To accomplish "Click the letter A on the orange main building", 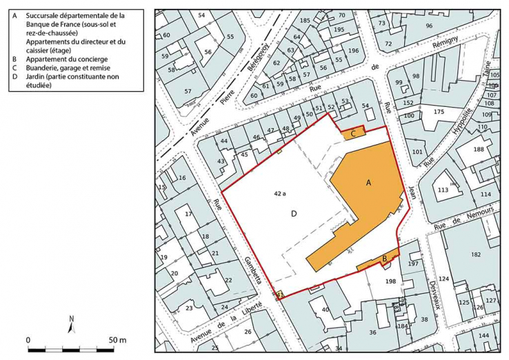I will coord(368,183).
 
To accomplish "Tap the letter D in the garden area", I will coord(293,214).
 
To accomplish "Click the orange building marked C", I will coord(353,133).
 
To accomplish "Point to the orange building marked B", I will coord(383,259).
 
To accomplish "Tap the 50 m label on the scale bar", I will coord(117,340).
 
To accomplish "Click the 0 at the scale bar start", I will coord(28,340).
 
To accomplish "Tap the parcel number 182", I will coord(475,254).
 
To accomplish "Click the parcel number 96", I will coord(429,26).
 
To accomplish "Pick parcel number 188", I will coord(479,149).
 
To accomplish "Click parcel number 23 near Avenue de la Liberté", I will coord(188,308).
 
